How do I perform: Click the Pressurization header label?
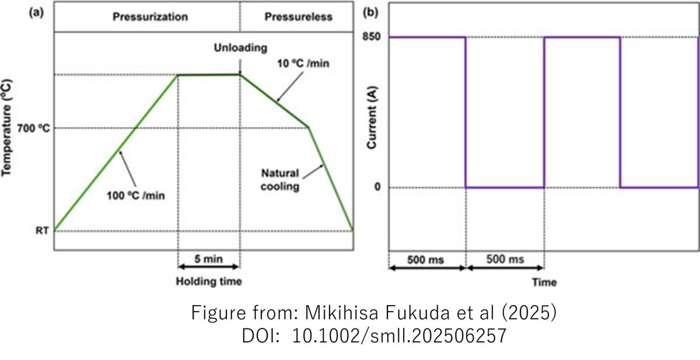pos(150,16)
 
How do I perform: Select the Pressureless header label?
pos(298,16)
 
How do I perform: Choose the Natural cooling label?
pos(280,180)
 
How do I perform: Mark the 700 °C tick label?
pos(30,128)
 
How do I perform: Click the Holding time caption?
pos(208,282)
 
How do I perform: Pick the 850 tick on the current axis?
pos(372,37)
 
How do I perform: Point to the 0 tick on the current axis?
pos(377,187)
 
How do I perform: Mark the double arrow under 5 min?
pos(208,267)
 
